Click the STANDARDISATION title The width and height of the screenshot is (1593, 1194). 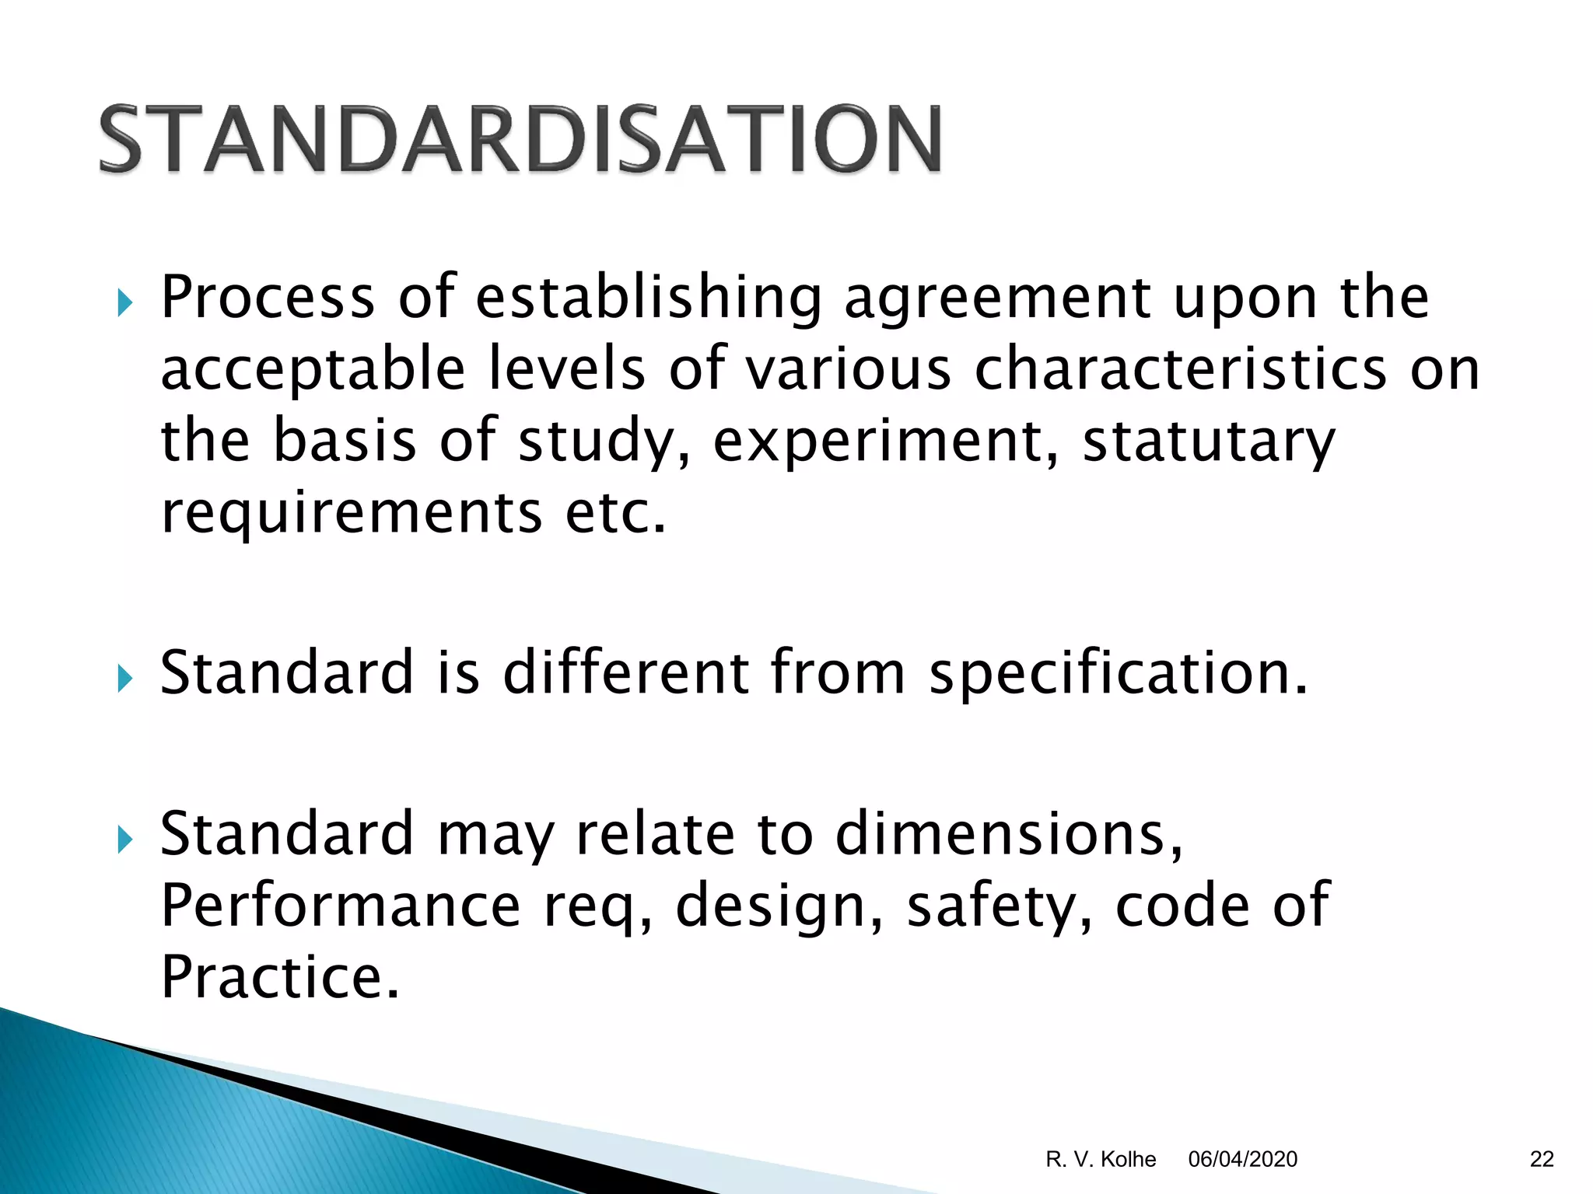point(520,140)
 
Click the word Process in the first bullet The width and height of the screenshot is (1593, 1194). point(268,298)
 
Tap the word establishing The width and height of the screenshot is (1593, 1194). point(649,298)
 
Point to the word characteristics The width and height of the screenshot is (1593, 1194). point(1180,369)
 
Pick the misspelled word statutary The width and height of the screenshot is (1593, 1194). point(1209,442)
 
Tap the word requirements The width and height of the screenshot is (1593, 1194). point(352,513)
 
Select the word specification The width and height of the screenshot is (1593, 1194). point(1119,673)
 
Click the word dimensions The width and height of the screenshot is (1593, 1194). point(1009,834)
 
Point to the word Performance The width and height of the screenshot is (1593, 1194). point(341,906)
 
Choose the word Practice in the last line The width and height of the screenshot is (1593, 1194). point(280,977)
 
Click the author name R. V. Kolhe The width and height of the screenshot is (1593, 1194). point(1101,1160)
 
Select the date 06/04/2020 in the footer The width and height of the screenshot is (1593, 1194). point(1243,1160)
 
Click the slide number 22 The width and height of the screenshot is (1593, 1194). point(1542,1160)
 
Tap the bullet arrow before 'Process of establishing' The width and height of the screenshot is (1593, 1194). point(124,302)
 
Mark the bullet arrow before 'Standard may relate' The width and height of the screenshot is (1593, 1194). point(124,840)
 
